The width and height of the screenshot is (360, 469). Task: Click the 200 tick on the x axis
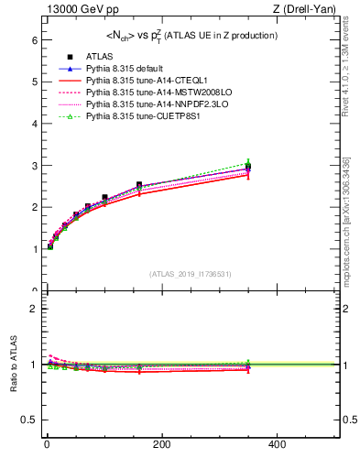coord(162,444)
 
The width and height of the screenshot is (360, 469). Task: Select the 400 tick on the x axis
coord(277,444)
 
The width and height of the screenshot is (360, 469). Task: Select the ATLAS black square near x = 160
coord(139,185)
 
